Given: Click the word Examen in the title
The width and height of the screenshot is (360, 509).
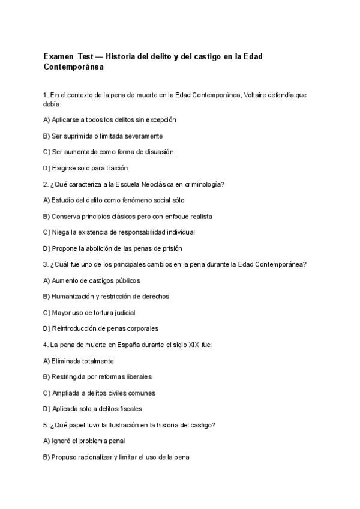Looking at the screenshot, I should tap(58, 56).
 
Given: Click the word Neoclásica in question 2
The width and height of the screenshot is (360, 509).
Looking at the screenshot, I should tap(148, 184).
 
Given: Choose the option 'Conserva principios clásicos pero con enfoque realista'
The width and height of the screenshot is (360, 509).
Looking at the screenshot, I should tap(128, 216).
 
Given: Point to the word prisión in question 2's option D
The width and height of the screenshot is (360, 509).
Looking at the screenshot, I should tap(170, 248).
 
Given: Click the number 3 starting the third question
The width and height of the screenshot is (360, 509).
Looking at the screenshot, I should tap(46, 265).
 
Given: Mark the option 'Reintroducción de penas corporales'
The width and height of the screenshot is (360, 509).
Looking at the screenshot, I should tap(101, 329).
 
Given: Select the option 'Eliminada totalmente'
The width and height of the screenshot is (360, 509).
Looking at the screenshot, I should tap(79, 361).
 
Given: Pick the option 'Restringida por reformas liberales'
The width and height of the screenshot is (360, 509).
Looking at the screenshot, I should tap(98, 377).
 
